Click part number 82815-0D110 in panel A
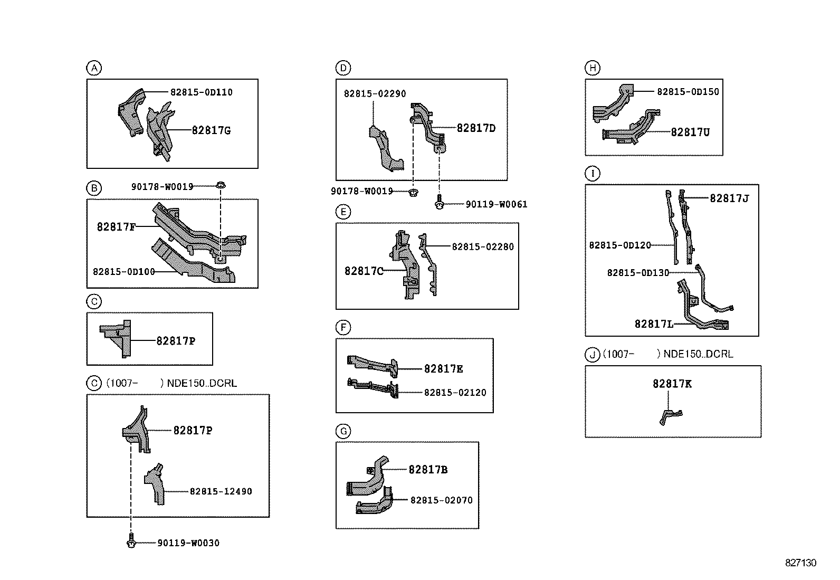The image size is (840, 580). click(201, 92)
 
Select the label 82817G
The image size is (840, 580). click(211, 130)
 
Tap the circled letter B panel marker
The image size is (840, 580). click(93, 188)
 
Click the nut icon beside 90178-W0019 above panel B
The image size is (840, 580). click(221, 185)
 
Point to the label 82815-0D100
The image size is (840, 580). click(124, 272)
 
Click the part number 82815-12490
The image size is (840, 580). click(221, 491)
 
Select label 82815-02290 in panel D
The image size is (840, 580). click(375, 94)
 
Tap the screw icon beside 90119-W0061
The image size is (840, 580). click(439, 203)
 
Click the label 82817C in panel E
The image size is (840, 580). click(364, 271)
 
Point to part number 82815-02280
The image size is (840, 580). click(483, 246)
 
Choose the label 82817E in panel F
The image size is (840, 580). click(443, 369)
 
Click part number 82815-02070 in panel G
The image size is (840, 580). click(442, 500)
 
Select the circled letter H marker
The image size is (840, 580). click(593, 68)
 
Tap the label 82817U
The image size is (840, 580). click(690, 132)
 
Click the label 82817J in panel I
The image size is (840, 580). click(729, 198)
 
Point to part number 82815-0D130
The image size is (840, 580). click(638, 273)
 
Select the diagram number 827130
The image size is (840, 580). click(800, 563)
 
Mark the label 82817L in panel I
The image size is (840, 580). click(654, 324)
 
